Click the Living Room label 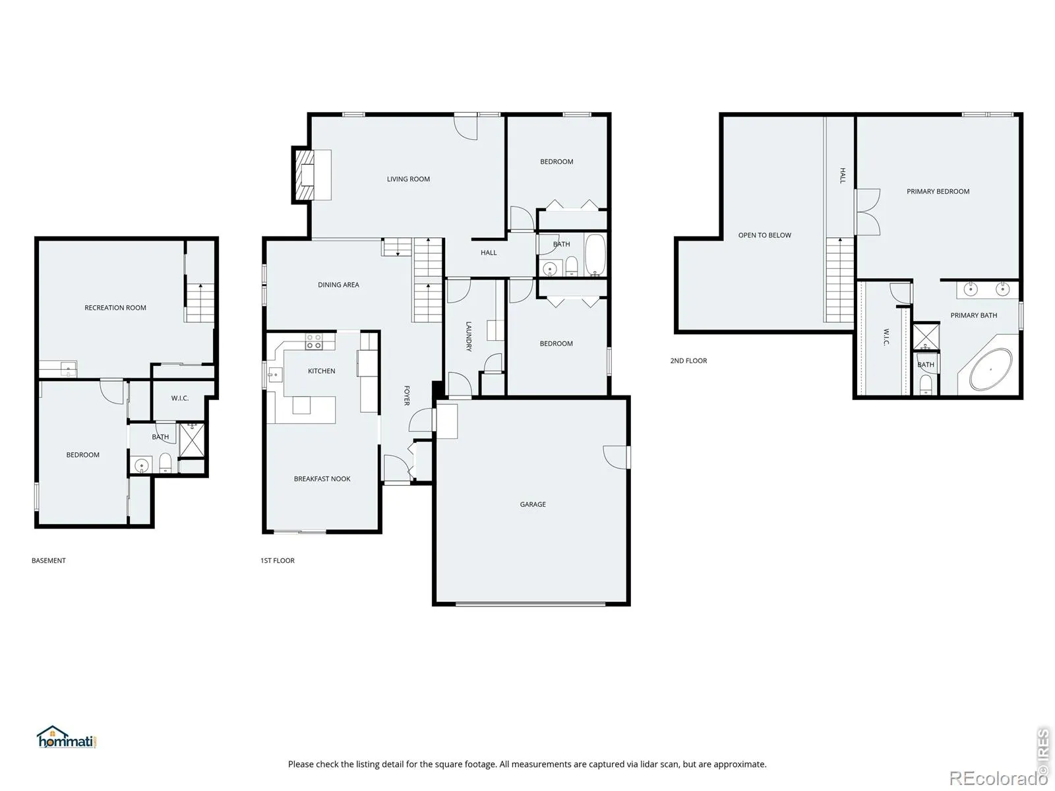[x=408, y=179]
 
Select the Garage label [x=533, y=504]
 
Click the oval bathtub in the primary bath [x=990, y=369]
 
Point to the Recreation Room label [x=115, y=308]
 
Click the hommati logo [x=67, y=737]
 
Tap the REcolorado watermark [x=998, y=778]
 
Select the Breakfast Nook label [x=322, y=479]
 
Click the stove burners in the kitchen [x=314, y=341]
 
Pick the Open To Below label [x=764, y=235]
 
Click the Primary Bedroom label [x=938, y=192]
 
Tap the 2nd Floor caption [x=688, y=361]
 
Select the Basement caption [x=49, y=560]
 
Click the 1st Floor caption [x=278, y=560]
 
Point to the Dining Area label [x=338, y=285]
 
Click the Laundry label [x=469, y=337]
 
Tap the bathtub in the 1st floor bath [x=595, y=254]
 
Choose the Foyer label [x=407, y=395]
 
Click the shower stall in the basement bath [x=191, y=440]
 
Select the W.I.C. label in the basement [x=180, y=398]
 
